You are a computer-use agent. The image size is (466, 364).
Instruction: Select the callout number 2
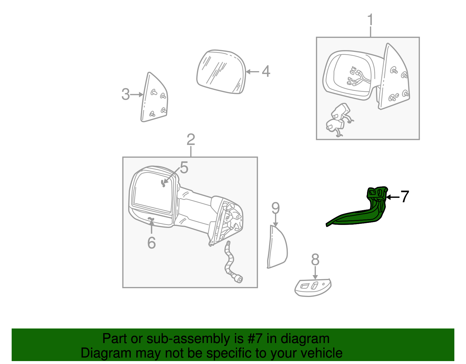tap(191, 139)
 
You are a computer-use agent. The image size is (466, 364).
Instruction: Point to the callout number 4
tap(266, 71)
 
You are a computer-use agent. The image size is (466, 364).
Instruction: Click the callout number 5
tap(184, 167)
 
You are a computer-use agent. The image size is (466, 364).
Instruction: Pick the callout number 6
tap(151, 243)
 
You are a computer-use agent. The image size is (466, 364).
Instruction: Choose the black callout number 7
tap(405, 196)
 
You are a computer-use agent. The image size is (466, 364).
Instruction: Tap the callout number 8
tap(315, 259)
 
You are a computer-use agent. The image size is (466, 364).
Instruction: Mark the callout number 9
tap(276, 208)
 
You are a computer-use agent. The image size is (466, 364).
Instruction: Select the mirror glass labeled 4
tap(221, 72)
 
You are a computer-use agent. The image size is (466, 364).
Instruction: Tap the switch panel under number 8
tap(313, 288)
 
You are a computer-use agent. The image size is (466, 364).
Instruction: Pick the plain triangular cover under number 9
tap(277, 247)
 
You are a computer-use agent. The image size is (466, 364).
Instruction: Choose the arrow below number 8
tap(315, 273)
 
